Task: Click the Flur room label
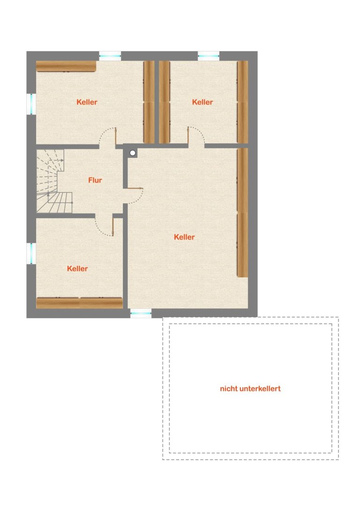(x=95, y=180)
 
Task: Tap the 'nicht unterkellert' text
(x=250, y=388)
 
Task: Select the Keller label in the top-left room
(x=87, y=102)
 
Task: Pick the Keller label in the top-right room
(x=202, y=102)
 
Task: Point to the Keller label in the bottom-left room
(x=77, y=269)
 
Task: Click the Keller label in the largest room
(x=184, y=237)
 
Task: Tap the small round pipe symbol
(x=133, y=153)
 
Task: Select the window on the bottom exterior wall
(x=141, y=313)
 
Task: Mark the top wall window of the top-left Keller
(x=110, y=56)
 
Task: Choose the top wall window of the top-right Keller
(x=209, y=56)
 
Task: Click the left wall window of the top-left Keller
(x=31, y=104)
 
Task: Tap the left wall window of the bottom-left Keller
(x=31, y=254)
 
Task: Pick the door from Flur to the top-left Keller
(x=108, y=136)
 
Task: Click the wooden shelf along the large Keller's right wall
(x=243, y=213)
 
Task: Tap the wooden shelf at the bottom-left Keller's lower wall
(x=79, y=303)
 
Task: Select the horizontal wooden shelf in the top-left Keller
(x=66, y=66)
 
